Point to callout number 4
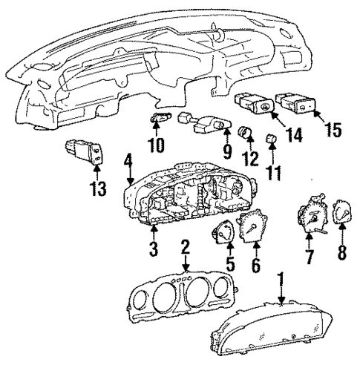point(128,160)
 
